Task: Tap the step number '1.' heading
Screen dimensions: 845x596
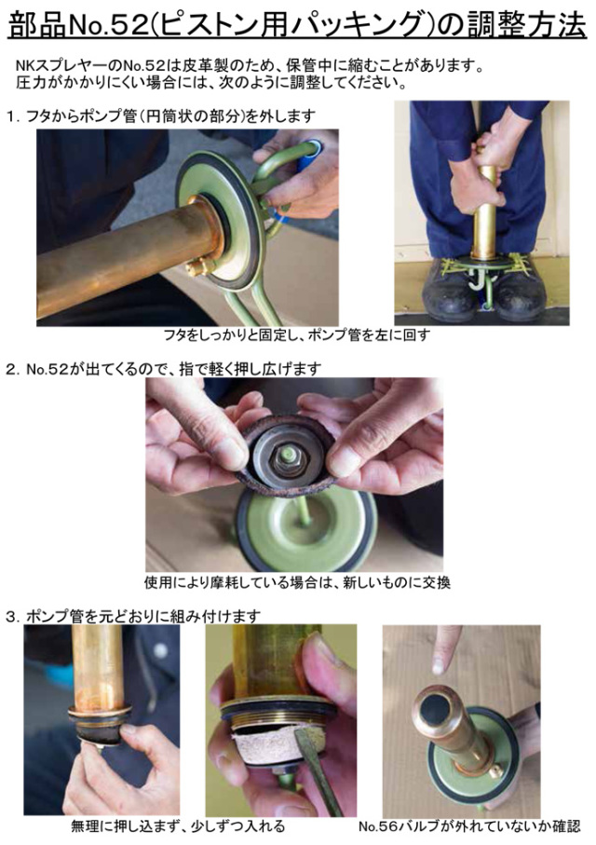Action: tap(12, 116)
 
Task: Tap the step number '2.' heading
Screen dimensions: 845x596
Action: tap(12, 368)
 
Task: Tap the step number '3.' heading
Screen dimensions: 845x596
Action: tap(12, 615)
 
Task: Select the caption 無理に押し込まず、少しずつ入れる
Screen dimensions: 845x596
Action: tap(177, 826)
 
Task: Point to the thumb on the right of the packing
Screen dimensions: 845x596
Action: tap(359, 452)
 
